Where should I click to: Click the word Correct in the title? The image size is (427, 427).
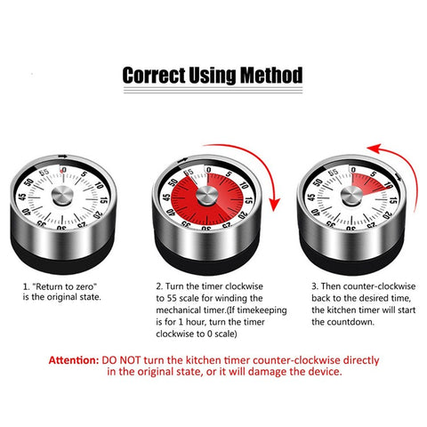point(153,75)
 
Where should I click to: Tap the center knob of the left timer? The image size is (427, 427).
point(63,194)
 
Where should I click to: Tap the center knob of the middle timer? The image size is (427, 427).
point(206,194)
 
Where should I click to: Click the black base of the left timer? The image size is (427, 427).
point(64,258)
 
